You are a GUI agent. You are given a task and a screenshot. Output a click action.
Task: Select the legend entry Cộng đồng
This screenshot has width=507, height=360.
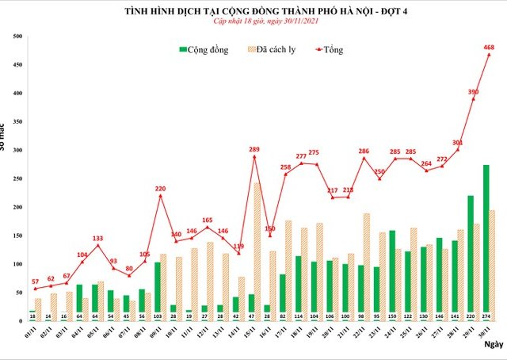point(204,50)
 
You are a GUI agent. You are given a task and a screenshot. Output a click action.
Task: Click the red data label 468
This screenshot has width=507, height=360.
point(490,47)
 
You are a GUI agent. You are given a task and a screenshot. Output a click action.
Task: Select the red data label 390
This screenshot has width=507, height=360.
point(474,92)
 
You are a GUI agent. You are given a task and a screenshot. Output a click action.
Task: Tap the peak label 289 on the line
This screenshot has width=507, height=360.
point(254,149)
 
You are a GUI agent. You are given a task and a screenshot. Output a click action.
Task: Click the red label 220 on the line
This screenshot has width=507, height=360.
point(160,189)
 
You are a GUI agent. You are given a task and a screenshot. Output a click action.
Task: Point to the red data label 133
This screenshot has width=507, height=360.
point(97,238)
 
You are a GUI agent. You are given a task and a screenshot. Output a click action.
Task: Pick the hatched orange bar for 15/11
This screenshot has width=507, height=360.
point(257,250)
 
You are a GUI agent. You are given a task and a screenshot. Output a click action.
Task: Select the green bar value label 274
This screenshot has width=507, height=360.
point(486,315)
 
